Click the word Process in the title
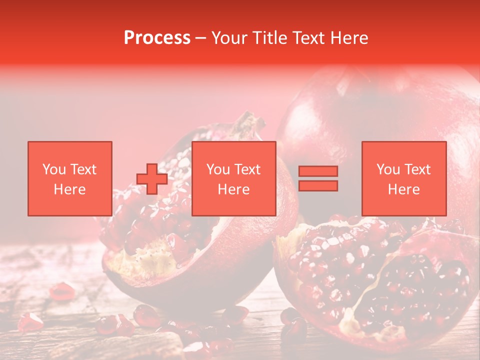coord(157,38)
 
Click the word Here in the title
coord(347,38)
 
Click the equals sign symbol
coord(318,178)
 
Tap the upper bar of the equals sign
coord(318,171)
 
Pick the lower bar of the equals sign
coord(318,185)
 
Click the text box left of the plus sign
coord(70,178)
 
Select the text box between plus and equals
coord(234,178)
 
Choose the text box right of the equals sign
coord(404,178)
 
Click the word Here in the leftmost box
coord(70,189)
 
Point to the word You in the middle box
coord(218,169)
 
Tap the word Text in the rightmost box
coord(417,169)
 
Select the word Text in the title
coord(307,38)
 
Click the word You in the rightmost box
coord(388,169)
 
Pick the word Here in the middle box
coord(234,189)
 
